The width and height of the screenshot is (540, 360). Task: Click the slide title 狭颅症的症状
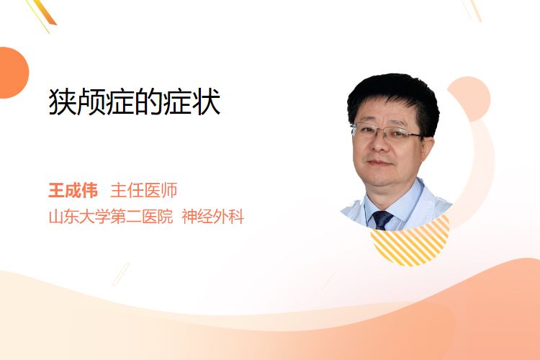(x=135, y=102)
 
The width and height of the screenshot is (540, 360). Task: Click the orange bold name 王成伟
(x=73, y=191)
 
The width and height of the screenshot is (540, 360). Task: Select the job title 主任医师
(x=143, y=191)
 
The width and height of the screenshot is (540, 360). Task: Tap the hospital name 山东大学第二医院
(x=111, y=217)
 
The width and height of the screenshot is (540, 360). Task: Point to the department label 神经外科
(x=213, y=217)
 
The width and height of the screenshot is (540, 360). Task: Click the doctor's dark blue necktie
(x=382, y=220)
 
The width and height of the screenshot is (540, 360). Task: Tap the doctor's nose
(x=379, y=144)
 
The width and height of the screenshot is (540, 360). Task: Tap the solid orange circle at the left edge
(x=13, y=73)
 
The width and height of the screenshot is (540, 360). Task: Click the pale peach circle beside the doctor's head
(x=470, y=98)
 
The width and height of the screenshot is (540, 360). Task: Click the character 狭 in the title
(x=62, y=102)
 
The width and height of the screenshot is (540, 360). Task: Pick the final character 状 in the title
(x=207, y=102)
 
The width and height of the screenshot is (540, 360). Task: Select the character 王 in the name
(x=56, y=191)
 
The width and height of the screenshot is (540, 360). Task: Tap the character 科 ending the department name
(x=237, y=217)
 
